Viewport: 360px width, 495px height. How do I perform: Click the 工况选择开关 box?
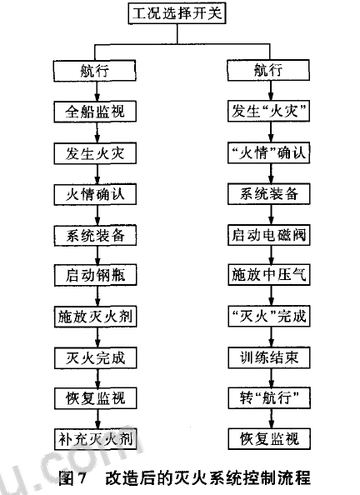pos(177,13)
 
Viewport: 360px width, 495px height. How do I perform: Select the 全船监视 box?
pos(95,112)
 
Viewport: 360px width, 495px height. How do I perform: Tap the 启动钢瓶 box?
pos(95,275)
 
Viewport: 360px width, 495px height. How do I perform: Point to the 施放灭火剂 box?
pos(95,317)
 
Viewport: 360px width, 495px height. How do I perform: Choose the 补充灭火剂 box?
pos(95,439)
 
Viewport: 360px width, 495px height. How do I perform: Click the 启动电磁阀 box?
pos(269,235)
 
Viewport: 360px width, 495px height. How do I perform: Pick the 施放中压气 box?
pos(269,275)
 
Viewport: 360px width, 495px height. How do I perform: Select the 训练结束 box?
pos(269,357)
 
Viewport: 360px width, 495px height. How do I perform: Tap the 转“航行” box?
pos(269,398)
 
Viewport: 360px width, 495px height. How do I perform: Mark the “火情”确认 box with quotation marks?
pos(268,152)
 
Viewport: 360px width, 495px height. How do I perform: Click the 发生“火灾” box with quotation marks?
pos(268,112)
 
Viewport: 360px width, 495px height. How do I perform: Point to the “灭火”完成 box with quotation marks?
pos(269,317)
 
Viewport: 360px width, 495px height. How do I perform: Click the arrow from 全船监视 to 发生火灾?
pos(97,132)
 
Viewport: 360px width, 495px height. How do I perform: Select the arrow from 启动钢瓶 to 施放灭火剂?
pos(97,296)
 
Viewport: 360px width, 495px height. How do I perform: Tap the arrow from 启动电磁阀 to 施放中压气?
pos(271,255)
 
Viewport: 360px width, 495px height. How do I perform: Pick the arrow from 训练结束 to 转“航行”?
pos(271,377)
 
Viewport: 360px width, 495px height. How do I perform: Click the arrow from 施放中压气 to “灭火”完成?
pos(271,296)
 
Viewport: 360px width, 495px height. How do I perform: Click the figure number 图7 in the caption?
pos(72,477)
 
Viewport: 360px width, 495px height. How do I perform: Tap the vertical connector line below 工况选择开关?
pos(177,34)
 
